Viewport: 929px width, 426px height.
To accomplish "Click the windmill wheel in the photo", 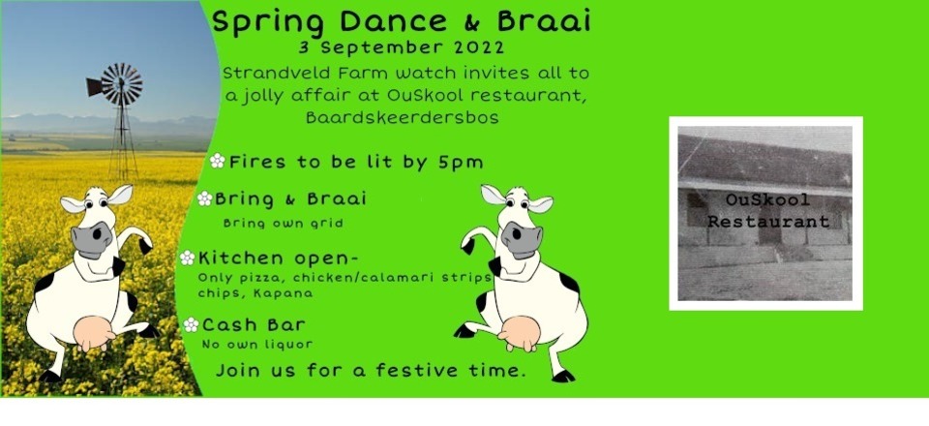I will (121, 83).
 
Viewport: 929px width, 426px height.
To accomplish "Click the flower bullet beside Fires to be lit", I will (217, 162).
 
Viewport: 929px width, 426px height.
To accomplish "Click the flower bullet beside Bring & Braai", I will (204, 198).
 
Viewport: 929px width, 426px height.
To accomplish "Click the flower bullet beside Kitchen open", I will (188, 258).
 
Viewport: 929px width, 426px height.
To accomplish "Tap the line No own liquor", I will (257, 344).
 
